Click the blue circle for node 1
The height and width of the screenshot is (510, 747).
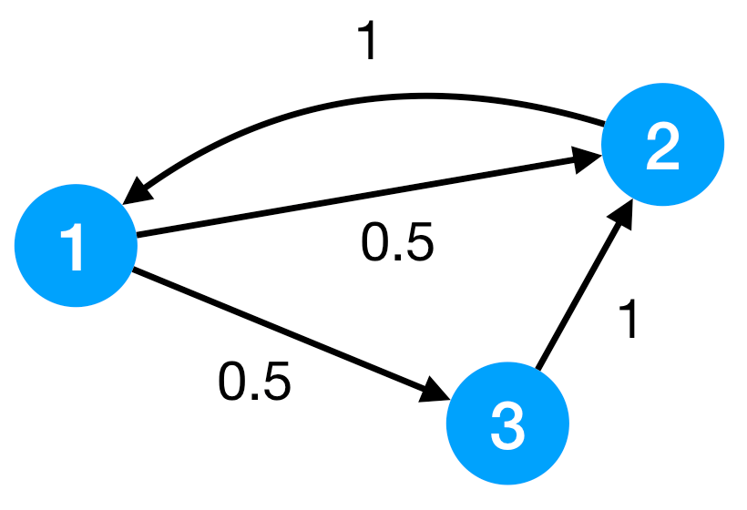pos(76,247)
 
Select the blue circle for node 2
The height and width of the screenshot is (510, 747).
pos(662,145)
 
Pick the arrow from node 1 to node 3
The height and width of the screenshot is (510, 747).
pos(282,333)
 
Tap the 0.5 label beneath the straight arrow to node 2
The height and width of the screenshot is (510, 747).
pos(397,243)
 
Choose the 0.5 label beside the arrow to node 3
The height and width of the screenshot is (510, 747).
pos(254,382)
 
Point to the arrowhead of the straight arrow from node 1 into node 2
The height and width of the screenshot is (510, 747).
pos(590,160)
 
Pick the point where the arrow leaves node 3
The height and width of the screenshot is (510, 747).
pos(538,370)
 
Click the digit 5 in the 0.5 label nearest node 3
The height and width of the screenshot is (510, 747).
pos(275,382)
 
